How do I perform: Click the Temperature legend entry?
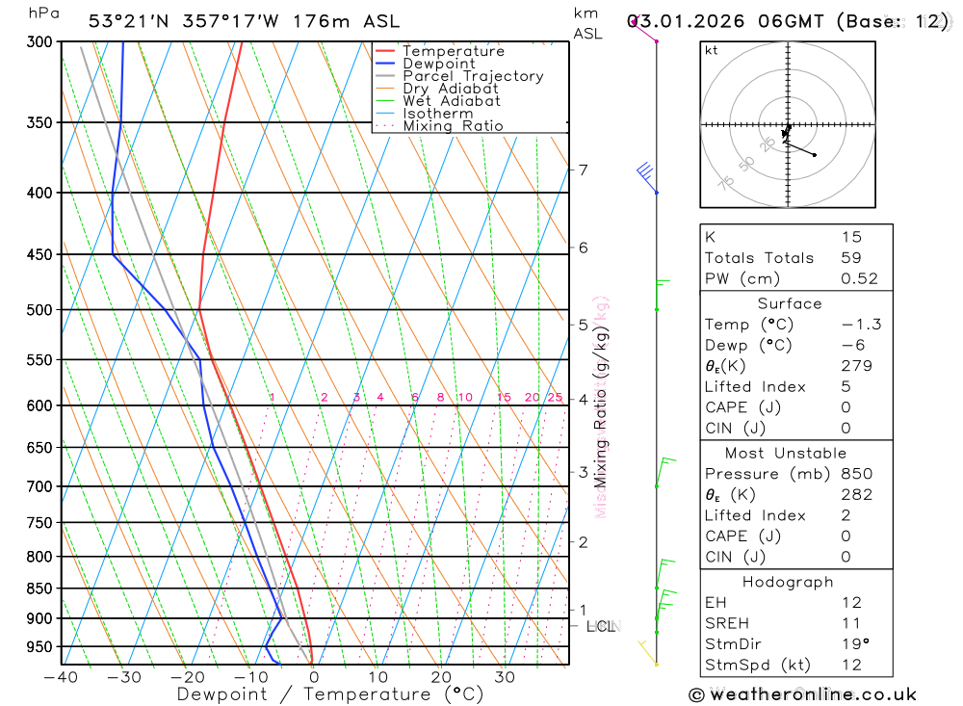pos(453,51)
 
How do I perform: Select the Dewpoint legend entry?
pos(439,64)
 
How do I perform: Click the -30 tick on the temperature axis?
pos(123,677)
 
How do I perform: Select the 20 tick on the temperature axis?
pos(441,677)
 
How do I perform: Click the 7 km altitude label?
pos(583,170)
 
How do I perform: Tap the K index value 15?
pos(850,237)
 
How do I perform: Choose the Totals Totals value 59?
pos(850,258)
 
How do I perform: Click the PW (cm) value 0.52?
pos(859,279)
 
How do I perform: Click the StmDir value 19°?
pos(852,644)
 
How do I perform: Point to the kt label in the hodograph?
pos(712,50)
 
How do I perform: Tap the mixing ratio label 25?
pos(555,398)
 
